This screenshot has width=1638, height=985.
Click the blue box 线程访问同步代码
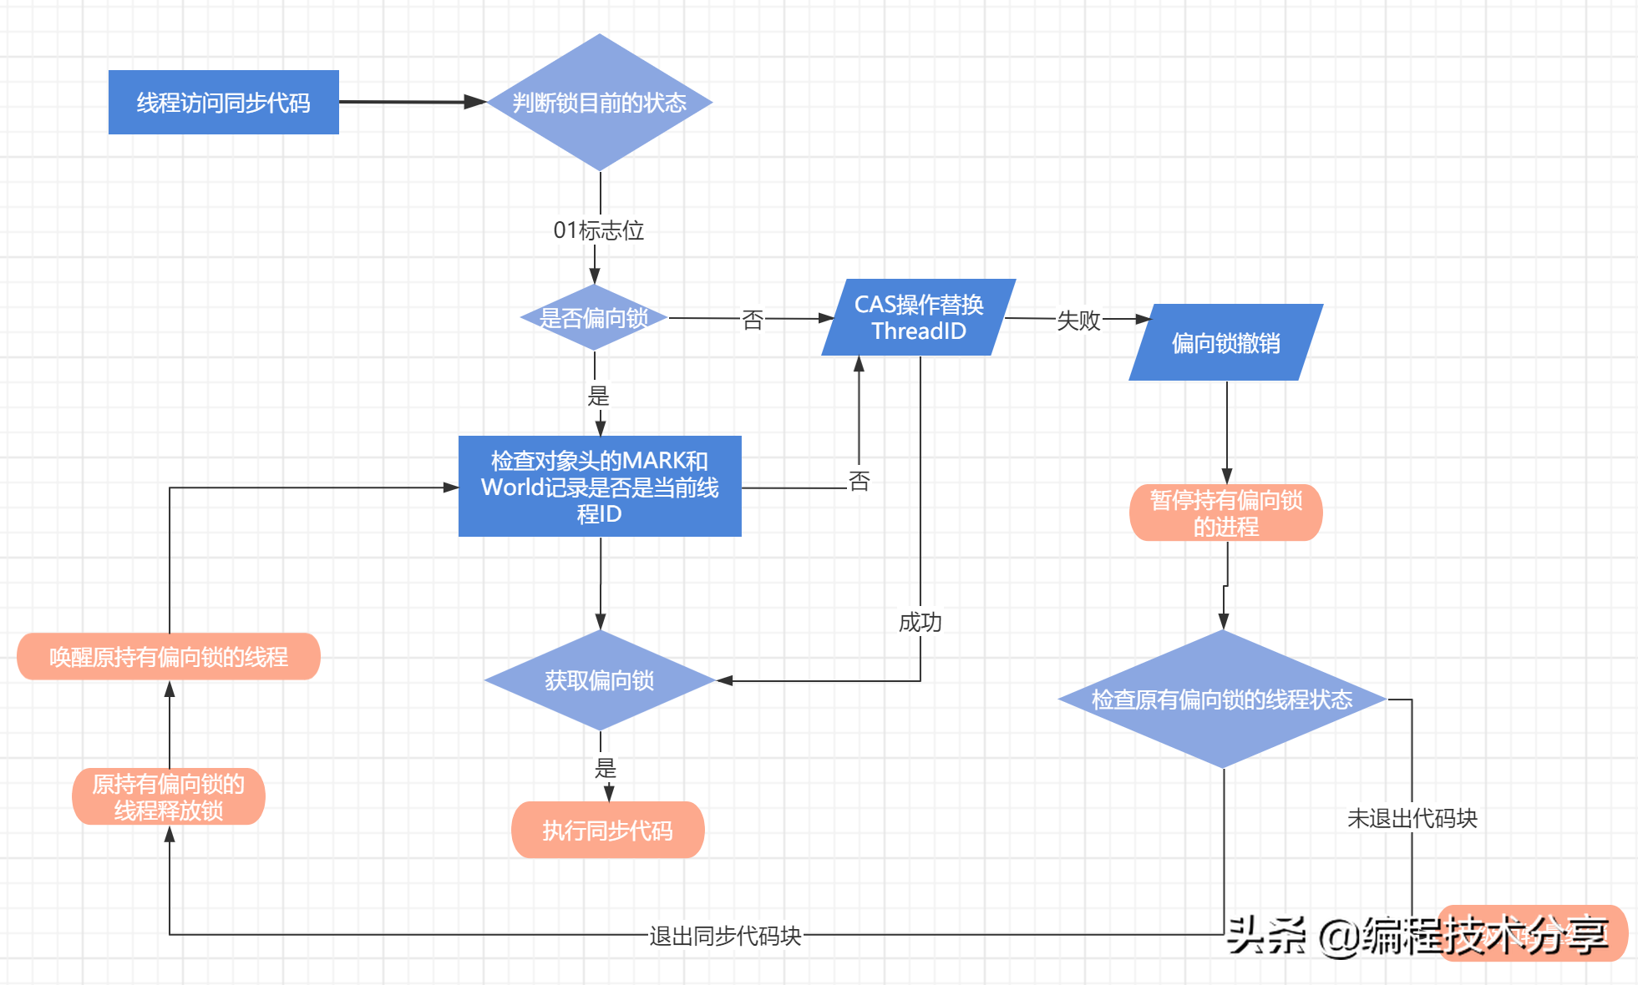(223, 102)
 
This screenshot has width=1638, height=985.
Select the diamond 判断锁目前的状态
(599, 102)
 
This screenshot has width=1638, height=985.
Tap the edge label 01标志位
(598, 230)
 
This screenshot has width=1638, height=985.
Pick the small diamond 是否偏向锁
(594, 318)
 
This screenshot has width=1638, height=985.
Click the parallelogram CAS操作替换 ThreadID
(918, 317)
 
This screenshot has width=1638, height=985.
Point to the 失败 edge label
(1078, 320)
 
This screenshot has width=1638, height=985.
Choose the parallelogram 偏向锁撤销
(1225, 342)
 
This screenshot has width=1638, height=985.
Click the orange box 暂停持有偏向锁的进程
(1225, 513)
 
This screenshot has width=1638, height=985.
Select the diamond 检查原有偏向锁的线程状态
(1221, 699)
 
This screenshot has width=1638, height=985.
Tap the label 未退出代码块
(1412, 818)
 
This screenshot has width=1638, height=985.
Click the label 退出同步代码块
(725, 936)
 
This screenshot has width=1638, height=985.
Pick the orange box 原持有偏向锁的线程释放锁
(168, 796)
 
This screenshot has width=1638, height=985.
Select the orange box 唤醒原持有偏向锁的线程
(168, 657)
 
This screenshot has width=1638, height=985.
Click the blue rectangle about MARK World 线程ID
(599, 487)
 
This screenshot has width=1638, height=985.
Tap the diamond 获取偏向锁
(599, 680)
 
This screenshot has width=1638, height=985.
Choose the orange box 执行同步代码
(607, 830)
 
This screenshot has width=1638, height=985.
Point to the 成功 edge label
(920, 622)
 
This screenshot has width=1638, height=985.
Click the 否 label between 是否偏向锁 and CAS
(753, 320)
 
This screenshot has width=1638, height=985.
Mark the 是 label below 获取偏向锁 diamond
(605, 768)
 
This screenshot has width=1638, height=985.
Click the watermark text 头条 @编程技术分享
(1417, 934)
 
